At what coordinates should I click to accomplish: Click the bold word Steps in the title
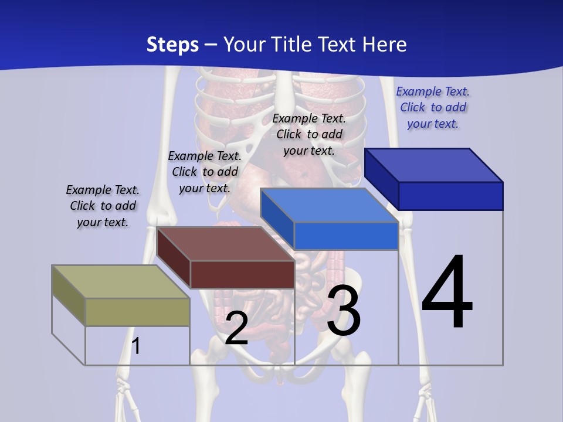click(x=172, y=45)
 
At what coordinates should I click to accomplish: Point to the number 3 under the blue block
click(x=344, y=311)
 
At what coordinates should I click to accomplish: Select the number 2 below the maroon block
click(x=236, y=329)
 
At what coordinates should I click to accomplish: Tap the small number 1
click(x=136, y=346)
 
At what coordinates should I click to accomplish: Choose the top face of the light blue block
click(x=328, y=205)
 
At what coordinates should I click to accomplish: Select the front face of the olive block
click(x=137, y=312)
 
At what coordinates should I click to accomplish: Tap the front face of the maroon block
click(x=242, y=274)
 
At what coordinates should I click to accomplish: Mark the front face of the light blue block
click(x=346, y=236)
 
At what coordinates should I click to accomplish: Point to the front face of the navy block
click(x=450, y=196)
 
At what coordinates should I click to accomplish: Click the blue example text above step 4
click(x=433, y=108)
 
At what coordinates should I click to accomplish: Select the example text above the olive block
click(x=103, y=206)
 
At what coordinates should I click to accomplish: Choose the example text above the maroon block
click(x=205, y=172)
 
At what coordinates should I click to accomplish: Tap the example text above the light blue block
click(x=309, y=134)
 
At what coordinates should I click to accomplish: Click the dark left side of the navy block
click(x=381, y=179)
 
